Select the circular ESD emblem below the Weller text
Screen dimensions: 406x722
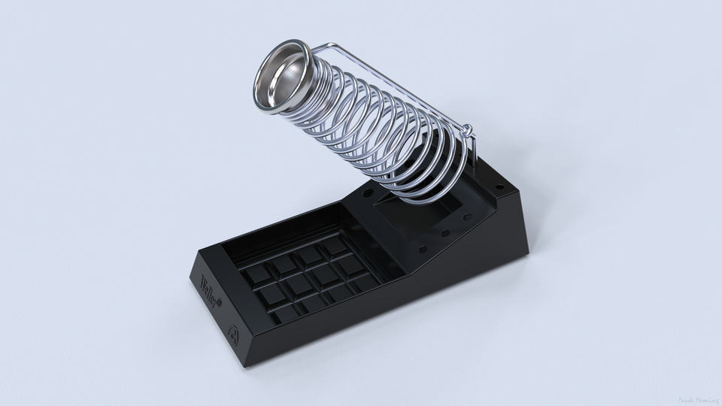pyautogui.click(x=233, y=330)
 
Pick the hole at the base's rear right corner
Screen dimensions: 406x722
pyautogui.click(x=497, y=184)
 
